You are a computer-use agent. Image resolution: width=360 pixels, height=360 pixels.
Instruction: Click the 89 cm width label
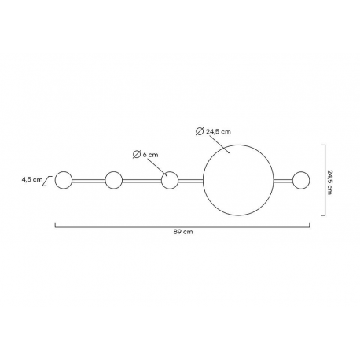[183, 232]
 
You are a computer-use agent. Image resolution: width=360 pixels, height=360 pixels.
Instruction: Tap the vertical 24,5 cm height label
[329, 182]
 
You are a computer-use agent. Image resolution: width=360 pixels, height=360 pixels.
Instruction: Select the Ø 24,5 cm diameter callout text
[213, 131]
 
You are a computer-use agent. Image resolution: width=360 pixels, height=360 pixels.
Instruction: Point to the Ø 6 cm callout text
[145, 155]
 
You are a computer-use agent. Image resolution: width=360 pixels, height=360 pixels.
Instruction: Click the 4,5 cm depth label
[32, 180]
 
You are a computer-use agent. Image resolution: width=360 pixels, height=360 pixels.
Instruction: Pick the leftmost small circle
[64, 171]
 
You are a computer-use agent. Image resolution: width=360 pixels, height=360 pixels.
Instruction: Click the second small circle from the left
[113, 171]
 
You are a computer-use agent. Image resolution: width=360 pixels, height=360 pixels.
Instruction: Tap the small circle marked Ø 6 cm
[170, 171]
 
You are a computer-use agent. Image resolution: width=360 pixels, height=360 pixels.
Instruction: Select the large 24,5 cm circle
[238, 145]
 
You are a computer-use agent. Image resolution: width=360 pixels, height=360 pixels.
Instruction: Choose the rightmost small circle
[301, 171]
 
